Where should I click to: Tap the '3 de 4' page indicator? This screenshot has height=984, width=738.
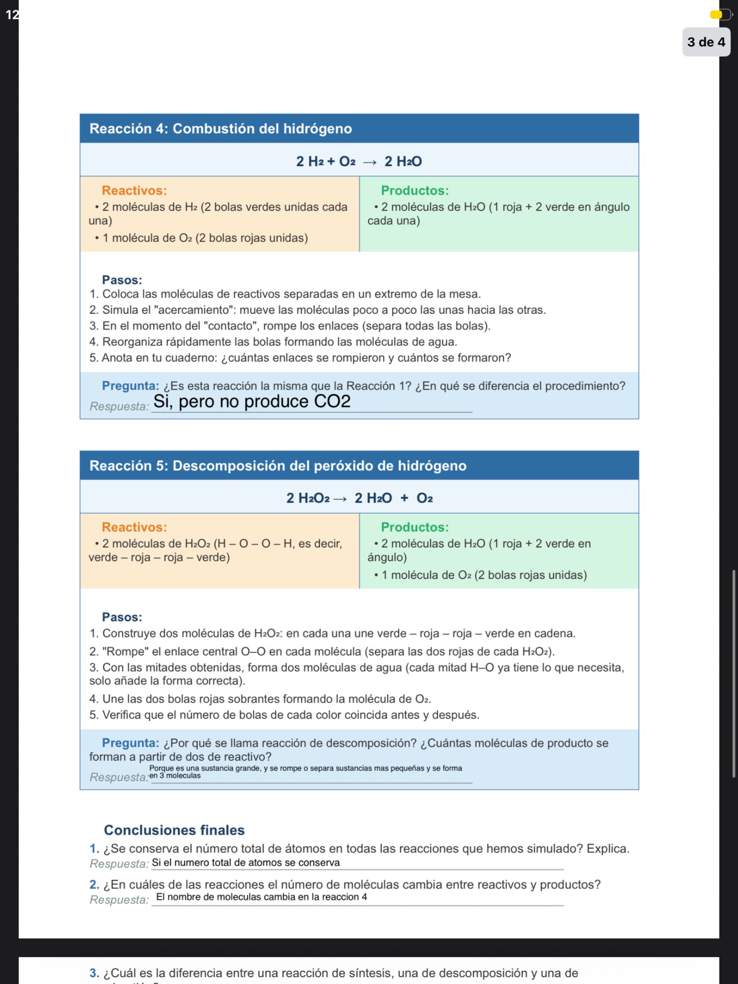(x=706, y=42)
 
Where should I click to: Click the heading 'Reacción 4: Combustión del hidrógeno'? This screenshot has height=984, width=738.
(x=220, y=129)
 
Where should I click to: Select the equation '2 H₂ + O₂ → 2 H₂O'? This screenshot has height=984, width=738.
(x=359, y=161)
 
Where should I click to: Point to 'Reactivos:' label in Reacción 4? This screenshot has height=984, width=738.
(x=134, y=190)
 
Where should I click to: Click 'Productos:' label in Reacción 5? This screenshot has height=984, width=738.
(x=414, y=527)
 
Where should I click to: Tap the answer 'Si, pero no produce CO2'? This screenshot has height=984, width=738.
(x=251, y=402)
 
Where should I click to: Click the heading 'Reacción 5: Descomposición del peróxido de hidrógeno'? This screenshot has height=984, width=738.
(x=277, y=465)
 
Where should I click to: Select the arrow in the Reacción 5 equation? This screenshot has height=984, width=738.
(x=340, y=499)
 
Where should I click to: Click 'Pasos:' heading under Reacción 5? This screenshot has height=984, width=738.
(x=122, y=617)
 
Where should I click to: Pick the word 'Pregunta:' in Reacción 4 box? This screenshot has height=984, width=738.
(x=130, y=386)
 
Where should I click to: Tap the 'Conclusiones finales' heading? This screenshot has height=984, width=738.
(x=174, y=830)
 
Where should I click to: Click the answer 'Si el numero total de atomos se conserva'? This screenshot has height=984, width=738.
(x=246, y=862)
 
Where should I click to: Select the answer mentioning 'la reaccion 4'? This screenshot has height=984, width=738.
(x=261, y=897)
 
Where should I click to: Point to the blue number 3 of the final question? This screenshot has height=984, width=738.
(x=94, y=973)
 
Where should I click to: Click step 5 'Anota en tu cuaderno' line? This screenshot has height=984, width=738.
(x=300, y=358)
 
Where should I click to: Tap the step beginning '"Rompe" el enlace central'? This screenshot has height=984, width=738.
(x=322, y=651)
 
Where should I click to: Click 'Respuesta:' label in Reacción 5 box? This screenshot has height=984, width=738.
(x=119, y=777)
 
